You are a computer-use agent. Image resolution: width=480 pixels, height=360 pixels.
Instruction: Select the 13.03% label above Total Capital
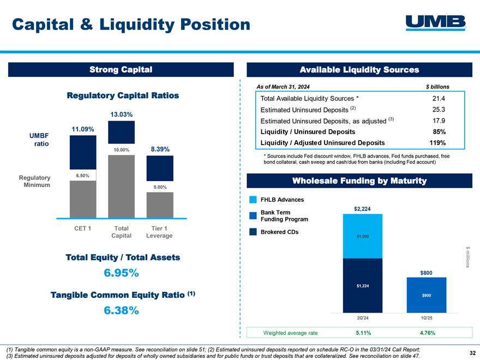(x=122, y=114)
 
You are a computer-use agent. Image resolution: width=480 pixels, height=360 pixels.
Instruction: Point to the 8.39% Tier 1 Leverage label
(x=160, y=149)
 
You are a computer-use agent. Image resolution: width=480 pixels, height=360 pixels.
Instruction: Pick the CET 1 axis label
(x=83, y=228)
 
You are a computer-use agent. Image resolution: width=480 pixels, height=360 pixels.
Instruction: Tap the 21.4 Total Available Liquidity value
(x=439, y=99)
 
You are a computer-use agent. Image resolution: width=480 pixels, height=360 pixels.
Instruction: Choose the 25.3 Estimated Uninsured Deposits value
(x=439, y=110)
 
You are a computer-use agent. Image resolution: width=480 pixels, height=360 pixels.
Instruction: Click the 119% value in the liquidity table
(x=437, y=143)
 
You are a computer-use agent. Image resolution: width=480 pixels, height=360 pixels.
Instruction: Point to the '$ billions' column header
(x=437, y=87)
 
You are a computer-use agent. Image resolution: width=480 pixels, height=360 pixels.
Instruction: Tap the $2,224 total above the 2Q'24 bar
(x=360, y=208)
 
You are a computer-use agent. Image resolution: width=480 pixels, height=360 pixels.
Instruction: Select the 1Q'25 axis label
(x=427, y=317)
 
